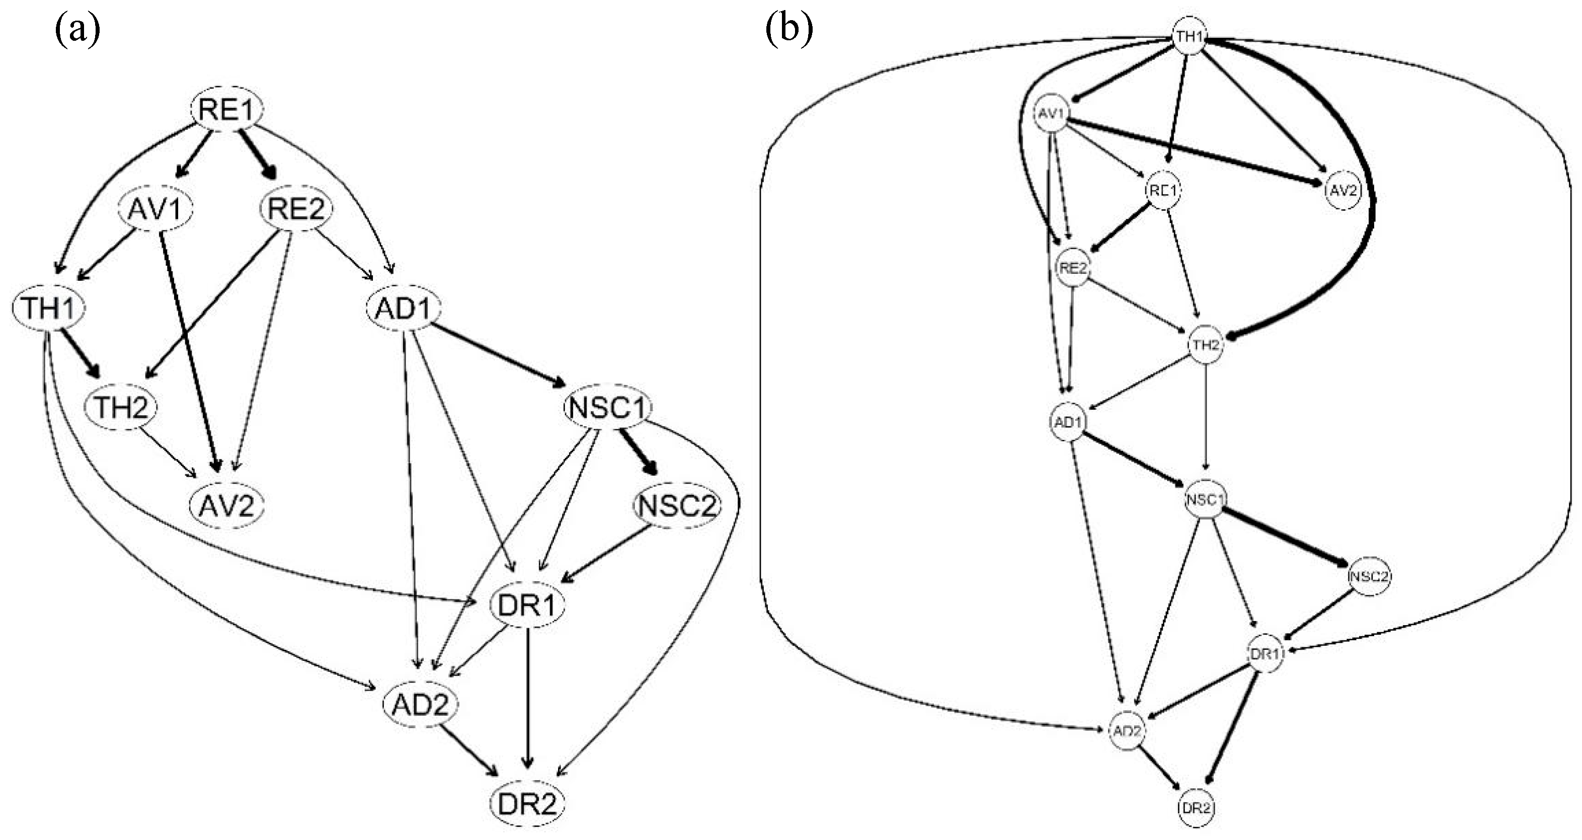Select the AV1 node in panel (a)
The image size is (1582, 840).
(155, 209)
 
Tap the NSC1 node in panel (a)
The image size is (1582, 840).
(607, 407)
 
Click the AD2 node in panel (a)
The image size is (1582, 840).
(420, 704)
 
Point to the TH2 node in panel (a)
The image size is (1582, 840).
(121, 407)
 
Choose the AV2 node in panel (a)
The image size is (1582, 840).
(226, 506)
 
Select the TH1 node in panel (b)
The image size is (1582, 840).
(1190, 36)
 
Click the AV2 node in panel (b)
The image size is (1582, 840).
(1342, 190)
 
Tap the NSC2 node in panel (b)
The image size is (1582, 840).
(1369, 576)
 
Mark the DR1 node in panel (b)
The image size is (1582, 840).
(1265, 654)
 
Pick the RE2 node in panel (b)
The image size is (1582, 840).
(1072, 268)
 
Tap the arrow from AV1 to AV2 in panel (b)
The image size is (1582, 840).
(1192, 151)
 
